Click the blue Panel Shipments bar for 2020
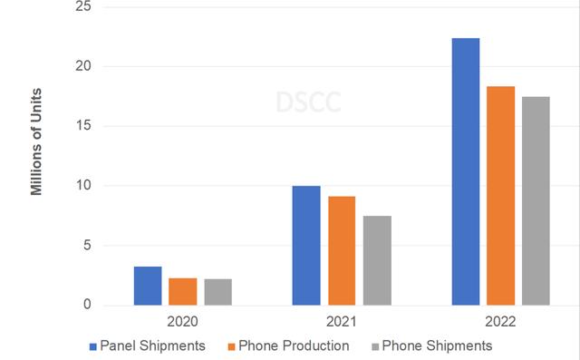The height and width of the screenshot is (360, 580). pos(148,286)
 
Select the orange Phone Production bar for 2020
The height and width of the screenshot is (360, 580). pos(183,291)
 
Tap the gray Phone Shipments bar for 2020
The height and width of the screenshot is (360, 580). pos(217,292)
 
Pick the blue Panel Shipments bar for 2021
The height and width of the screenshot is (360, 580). pos(306,246)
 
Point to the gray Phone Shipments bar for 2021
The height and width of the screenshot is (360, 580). pos(376,260)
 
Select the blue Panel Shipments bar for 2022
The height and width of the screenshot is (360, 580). pos(466,171)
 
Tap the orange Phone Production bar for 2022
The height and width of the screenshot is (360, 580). pos(500,196)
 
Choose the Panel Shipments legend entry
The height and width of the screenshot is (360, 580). pos(147,345)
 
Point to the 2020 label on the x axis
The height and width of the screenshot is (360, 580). pos(183,322)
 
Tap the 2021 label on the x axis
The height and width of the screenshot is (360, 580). pos(342,322)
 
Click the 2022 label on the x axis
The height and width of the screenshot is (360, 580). pos(500,322)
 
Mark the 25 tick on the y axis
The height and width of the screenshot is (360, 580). pos(86,7)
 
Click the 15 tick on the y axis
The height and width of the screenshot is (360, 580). pos(86,126)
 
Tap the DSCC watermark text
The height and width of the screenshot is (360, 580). pos(308,102)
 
